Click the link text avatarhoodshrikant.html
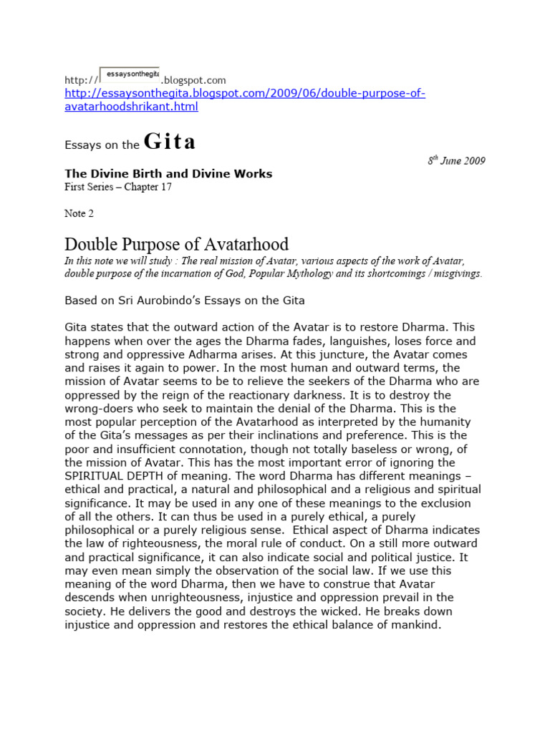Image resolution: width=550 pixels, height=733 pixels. coord(131,107)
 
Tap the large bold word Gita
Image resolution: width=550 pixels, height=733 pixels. coord(169,142)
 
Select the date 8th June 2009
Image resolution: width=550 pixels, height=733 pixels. coord(456,160)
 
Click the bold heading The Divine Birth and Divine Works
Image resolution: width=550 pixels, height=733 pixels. coord(168,173)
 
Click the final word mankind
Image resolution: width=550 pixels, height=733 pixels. coord(418,624)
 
